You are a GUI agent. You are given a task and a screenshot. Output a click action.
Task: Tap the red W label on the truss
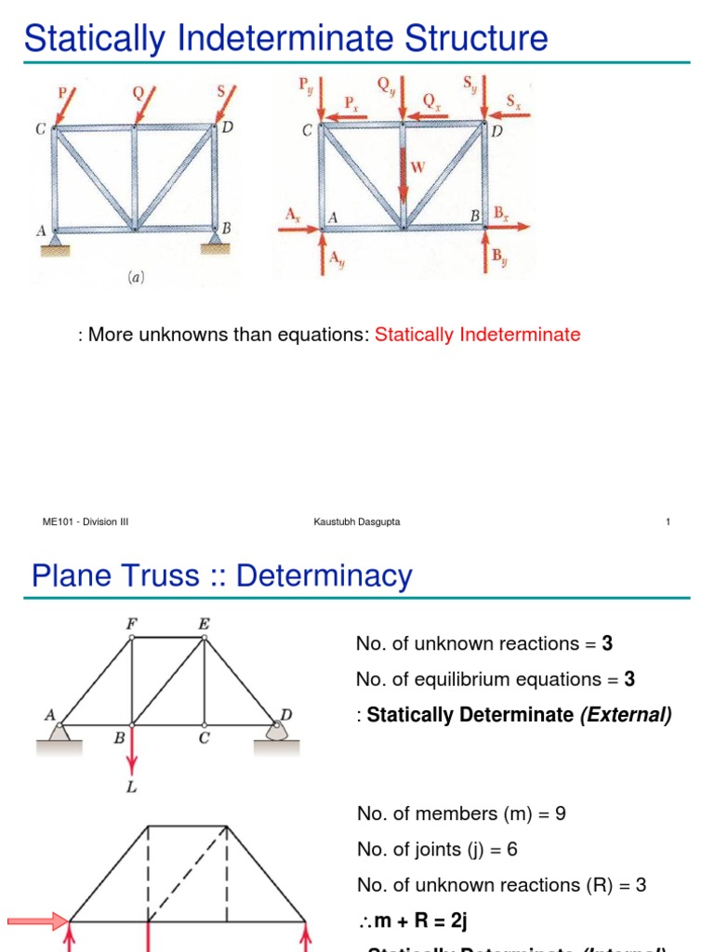[418, 168]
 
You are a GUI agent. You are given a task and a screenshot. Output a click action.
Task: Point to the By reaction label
[499, 256]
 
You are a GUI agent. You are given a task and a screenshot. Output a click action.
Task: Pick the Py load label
[305, 86]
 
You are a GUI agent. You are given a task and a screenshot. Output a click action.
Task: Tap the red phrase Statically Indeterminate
[477, 335]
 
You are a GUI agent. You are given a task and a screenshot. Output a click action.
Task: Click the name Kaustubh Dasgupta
[357, 522]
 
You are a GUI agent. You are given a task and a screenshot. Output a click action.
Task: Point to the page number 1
[668, 522]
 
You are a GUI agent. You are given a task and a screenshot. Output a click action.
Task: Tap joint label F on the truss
[131, 624]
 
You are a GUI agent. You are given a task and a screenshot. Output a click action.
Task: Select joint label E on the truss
[204, 624]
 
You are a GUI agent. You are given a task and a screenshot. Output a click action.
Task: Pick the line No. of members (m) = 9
[461, 814]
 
